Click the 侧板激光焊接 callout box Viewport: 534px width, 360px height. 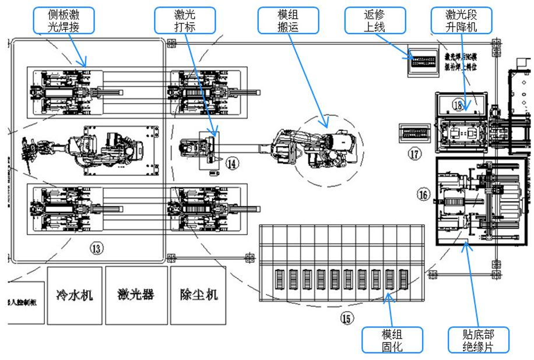tap(69, 20)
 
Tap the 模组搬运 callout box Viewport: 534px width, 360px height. tap(288, 20)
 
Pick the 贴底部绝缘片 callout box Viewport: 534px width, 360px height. tap(478, 340)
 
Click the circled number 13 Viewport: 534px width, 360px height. tap(96, 248)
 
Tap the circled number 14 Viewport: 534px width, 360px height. tap(232, 164)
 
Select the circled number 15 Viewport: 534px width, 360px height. tap(347, 318)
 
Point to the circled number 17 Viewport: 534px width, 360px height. tap(414, 154)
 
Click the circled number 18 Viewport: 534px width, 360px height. tap(458, 105)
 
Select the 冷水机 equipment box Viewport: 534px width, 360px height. tap(74, 295)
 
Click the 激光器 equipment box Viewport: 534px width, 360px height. tap(136, 295)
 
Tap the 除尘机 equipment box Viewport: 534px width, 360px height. tap(198, 295)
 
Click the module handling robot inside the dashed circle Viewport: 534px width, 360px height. tap(318, 146)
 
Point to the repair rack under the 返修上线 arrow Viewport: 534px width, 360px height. tap(423, 61)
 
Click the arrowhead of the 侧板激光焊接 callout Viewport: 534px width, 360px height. tap(86, 66)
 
